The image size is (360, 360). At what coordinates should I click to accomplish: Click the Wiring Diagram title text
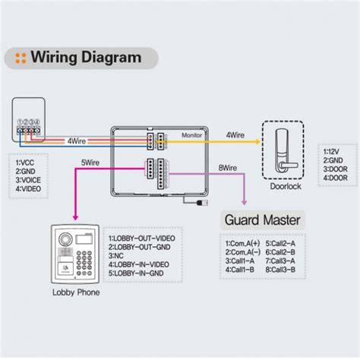(86, 57)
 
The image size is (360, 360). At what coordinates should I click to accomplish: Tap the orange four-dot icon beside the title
(21, 57)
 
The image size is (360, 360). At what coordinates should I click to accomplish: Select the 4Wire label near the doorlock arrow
(235, 134)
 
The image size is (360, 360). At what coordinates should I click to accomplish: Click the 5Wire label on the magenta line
(90, 162)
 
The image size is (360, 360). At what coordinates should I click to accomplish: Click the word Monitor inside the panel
(191, 134)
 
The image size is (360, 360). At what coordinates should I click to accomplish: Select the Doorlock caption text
(286, 186)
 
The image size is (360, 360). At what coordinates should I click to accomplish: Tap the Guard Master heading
(262, 220)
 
